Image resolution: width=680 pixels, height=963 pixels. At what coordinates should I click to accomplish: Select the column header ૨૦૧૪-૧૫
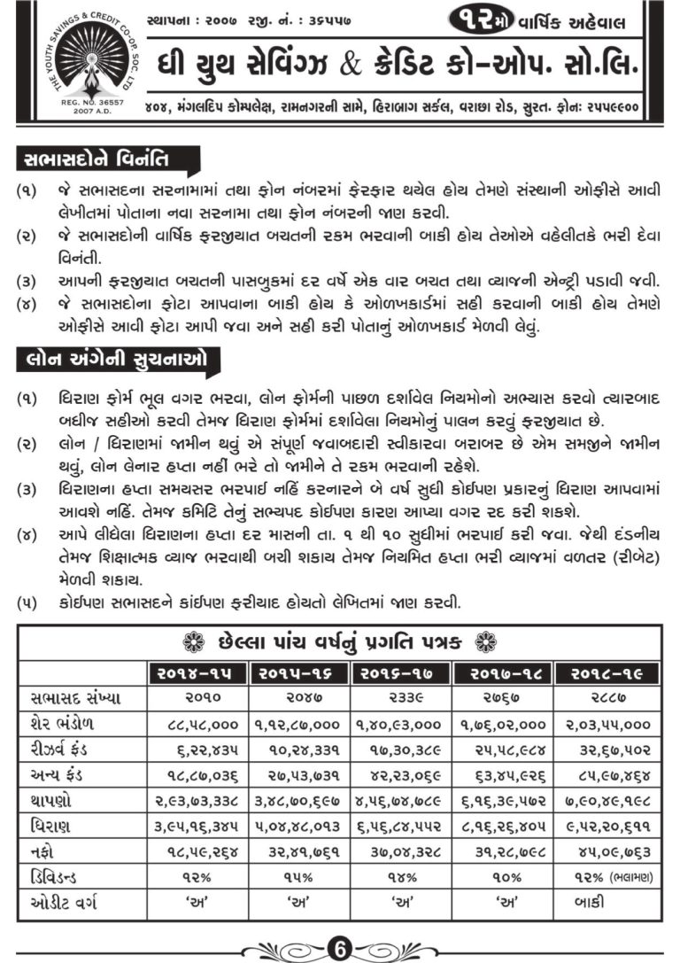tap(197, 674)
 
